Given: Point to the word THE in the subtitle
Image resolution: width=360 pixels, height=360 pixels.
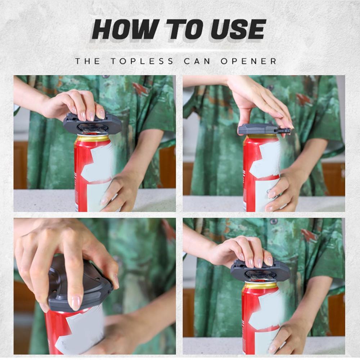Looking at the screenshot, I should point(87,61).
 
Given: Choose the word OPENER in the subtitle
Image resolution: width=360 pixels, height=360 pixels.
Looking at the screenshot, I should point(248,61).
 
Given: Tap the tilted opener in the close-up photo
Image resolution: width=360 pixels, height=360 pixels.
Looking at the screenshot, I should point(77,284).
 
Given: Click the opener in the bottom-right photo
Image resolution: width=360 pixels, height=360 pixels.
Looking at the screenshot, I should point(260,271).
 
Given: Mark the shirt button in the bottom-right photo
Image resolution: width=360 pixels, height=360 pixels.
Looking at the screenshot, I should point(274,221).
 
